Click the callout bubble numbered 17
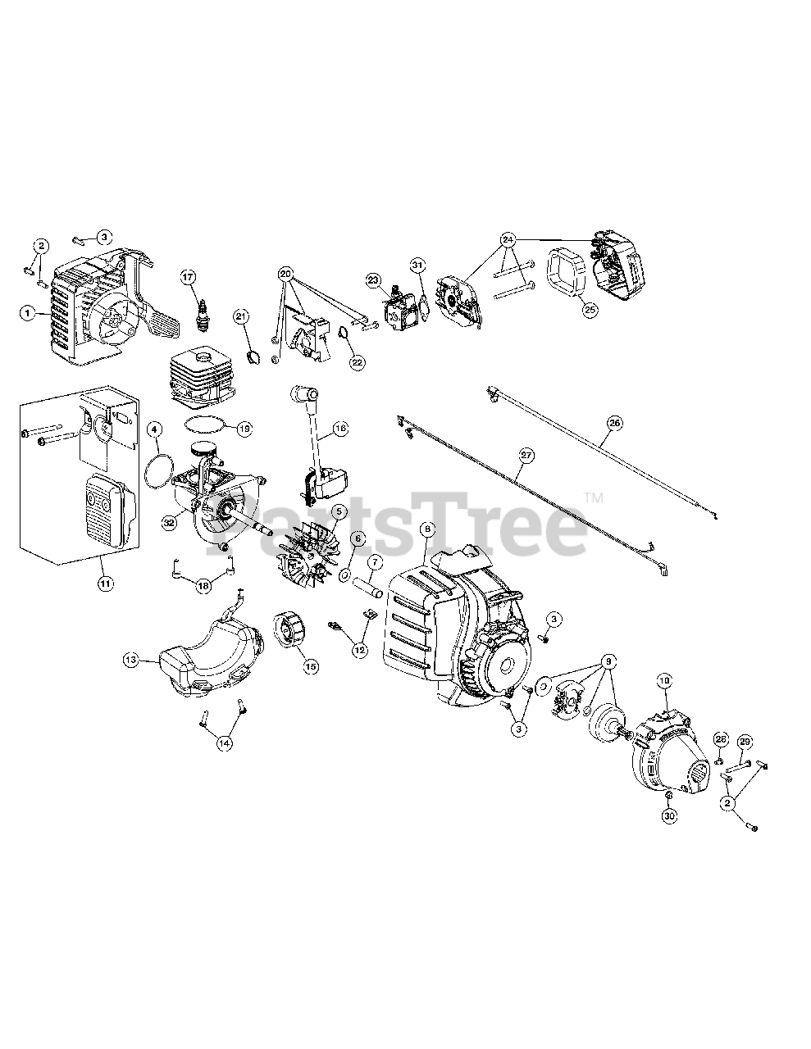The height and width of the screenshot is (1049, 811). click(189, 277)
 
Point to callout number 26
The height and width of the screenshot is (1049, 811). click(614, 424)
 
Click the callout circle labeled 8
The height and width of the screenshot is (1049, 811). click(426, 529)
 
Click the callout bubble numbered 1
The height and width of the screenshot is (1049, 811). click(29, 312)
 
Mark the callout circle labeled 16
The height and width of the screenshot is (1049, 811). click(340, 428)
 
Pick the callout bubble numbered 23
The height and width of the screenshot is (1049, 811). click(374, 280)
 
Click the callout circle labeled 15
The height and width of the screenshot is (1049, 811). click(311, 667)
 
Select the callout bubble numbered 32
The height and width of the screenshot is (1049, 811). click(169, 521)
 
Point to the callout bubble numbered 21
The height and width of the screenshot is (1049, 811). click(241, 316)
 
